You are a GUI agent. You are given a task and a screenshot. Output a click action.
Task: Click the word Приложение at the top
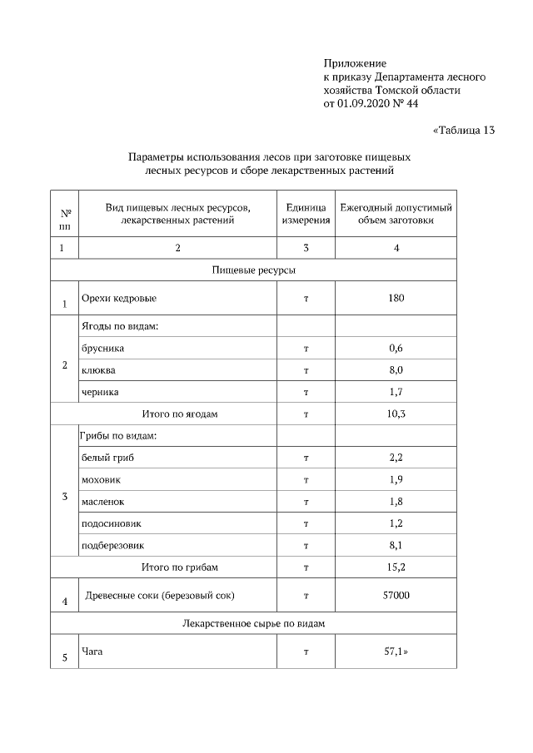(355, 63)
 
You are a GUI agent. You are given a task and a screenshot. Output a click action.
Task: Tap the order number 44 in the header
(411, 104)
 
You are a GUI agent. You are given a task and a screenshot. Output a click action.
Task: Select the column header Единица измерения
(306, 214)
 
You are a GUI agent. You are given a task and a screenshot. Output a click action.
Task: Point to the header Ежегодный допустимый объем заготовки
(396, 214)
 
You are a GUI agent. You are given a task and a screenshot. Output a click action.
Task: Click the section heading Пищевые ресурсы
(254, 270)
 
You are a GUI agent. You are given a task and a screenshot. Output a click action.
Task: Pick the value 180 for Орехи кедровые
(396, 298)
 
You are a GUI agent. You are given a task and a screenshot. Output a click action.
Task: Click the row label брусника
(102, 349)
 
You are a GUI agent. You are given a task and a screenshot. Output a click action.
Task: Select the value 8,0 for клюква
(396, 370)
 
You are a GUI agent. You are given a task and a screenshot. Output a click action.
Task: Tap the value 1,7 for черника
(396, 392)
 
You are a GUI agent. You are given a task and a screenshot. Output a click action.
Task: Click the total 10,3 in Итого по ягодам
(396, 414)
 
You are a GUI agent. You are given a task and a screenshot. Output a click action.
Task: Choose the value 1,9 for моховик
(396, 480)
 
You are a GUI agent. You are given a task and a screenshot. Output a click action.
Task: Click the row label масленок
(104, 502)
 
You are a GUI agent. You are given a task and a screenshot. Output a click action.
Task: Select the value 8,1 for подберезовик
(396, 546)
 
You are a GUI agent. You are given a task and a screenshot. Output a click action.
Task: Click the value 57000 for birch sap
(396, 596)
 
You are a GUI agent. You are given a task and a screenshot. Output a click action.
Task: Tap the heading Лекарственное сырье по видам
(254, 622)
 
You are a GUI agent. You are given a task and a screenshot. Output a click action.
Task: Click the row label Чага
(91, 651)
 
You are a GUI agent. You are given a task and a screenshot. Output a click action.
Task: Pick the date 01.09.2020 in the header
(366, 104)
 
